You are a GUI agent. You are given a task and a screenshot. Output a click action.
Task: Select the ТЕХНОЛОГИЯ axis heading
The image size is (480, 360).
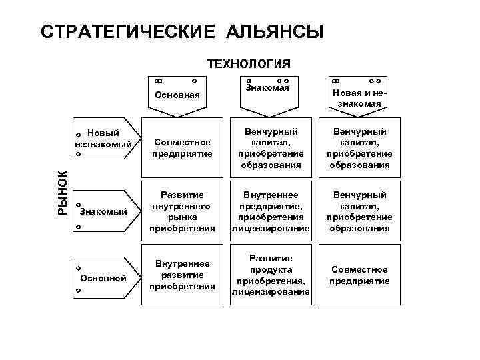tap(249, 64)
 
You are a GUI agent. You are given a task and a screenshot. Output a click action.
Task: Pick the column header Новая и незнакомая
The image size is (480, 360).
tap(359, 98)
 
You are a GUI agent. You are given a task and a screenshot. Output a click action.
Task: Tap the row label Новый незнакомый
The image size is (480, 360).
tap(103, 138)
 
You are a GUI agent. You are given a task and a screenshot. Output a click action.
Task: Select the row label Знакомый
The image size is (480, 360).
tap(103, 212)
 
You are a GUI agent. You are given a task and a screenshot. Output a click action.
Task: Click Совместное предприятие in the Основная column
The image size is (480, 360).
tap(182, 148)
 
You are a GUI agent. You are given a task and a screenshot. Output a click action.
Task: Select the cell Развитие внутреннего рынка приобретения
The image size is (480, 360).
tap(182, 212)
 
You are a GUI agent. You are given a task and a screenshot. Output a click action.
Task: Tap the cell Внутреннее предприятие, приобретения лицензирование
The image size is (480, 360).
tap(270, 212)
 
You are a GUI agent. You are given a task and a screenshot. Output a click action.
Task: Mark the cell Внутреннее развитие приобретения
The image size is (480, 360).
tap(182, 275)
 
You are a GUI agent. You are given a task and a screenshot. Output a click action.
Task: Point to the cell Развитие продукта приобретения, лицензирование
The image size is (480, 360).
tap(270, 275)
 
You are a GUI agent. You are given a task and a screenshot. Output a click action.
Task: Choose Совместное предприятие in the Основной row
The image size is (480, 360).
tap(359, 275)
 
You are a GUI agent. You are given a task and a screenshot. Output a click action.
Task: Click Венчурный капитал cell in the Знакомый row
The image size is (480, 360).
tap(359, 212)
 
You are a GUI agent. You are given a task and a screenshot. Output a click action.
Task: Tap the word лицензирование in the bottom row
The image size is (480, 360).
tap(270, 292)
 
